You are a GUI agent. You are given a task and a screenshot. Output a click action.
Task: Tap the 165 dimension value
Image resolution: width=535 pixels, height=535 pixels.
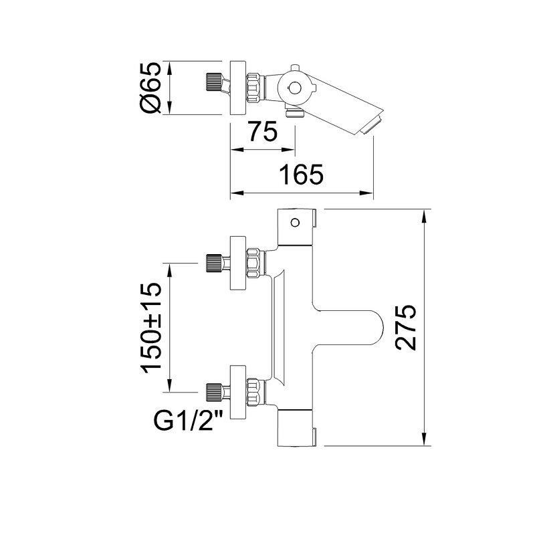tap(302, 175)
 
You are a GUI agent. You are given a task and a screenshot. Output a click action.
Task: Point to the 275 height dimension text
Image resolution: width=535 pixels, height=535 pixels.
tap(405, 327)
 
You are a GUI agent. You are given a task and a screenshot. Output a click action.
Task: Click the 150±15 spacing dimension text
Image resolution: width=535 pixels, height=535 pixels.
tap(152, 328)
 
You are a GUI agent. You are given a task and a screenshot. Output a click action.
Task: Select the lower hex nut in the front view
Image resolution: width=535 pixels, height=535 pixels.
tap(255, 393)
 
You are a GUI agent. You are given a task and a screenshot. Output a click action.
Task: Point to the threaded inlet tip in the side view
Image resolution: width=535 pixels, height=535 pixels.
tap(213, 87)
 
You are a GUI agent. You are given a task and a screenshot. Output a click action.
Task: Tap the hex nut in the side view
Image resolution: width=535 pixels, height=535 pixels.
tap(255, 87)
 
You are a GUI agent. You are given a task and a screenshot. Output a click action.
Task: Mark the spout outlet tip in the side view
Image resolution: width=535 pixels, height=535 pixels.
tap(373, 124)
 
